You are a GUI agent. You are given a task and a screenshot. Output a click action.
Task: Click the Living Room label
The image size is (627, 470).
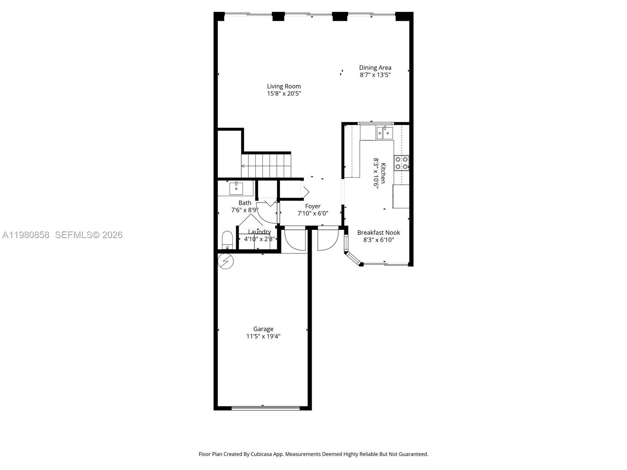click(x=284, y=86)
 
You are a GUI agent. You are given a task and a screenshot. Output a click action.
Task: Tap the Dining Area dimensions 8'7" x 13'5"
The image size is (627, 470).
click(x=375, y=75)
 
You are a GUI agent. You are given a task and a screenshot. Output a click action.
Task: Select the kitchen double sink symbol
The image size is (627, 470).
click(x=384, y=133)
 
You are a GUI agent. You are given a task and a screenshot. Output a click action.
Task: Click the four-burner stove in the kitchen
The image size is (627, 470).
click(x=401, y=163)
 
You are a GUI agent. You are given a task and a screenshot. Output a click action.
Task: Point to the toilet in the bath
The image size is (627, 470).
click(x=227, y=240)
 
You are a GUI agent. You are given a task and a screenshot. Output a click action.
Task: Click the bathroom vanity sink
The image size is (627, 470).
click(x=236, y=188)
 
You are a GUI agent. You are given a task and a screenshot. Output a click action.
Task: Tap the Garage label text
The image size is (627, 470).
click(x=263, y=329)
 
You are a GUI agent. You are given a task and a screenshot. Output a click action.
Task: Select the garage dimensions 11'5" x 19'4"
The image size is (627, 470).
click(x=263, y=336)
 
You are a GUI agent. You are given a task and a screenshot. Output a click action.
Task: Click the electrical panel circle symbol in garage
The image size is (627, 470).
click(x=226, y=261)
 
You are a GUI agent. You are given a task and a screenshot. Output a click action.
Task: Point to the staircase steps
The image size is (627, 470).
click(x=267, y=166)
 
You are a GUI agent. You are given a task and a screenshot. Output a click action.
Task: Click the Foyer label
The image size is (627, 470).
click(x=313, y=206)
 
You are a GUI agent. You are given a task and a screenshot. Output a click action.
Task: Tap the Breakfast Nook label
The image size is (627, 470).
click(x=379, y=233)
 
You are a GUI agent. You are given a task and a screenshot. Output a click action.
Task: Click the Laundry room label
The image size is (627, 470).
click(x=259, y=232)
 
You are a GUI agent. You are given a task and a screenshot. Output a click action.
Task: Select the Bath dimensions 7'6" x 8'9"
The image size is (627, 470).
click(x=245, y=210)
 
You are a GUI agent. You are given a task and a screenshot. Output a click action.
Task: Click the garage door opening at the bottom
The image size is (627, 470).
click(x=265, y=408)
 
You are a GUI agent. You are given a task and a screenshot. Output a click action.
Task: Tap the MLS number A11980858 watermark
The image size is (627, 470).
click(x=26, y=235)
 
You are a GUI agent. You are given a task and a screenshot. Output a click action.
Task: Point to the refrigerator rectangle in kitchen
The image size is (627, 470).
click(x=401, y=196)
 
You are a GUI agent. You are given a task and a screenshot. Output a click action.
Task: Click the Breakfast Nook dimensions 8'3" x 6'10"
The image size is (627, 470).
click(x=379, y=240)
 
